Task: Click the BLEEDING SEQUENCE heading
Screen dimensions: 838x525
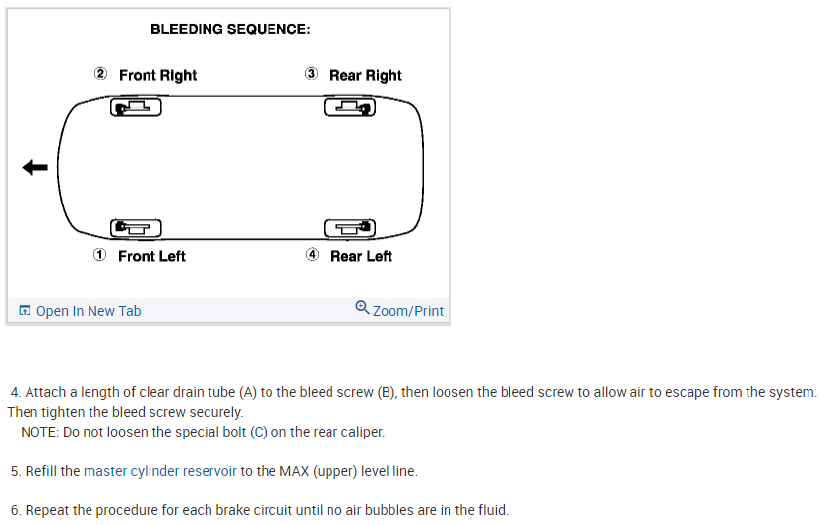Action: pyautogui.click(x=230, y=29)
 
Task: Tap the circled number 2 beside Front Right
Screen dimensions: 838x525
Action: pyautogui.click(x=100, y=74)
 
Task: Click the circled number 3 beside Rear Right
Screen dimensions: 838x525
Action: pyautogui.click(x=311, y=74)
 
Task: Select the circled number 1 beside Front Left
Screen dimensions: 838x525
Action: pyautogui.click(x=99, y=255)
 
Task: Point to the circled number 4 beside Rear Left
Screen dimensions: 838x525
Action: pyautogui.click(x=312, y=255)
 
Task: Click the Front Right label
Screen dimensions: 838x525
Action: pyautogui.click(x=157, y=75)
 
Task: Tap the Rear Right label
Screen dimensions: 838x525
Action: pyautogui.click(x=366, y=75)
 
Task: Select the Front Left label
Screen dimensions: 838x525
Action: pyautogui.click(x=151, y=256)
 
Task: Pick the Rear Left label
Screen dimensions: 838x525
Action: pyautogui.click(x=361, y=256)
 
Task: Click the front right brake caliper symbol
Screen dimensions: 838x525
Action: pyautogui.click(x=136, y=107)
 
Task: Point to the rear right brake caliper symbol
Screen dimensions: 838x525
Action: pyautogui.click(x=350, y=107)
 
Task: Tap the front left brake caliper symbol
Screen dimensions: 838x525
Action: pyautogui.click(x=136, y=228)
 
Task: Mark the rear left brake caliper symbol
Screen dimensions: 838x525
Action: pyautogui.click(x=350, y=228)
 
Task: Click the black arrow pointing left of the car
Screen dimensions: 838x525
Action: pyautogui.click(x=34, y=168)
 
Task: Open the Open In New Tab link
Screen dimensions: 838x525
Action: pyautogui.click(x=89, y=311)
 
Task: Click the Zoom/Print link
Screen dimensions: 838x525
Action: pyautogui.click(x=408, y=311)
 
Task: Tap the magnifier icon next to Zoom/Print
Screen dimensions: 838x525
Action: pyautogui.click(x=362, y=307)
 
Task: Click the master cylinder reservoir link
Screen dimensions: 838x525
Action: pyautogui.click(x=160, y=471)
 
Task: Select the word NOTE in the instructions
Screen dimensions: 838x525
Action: pyautogui.click(x=38, y=432)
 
